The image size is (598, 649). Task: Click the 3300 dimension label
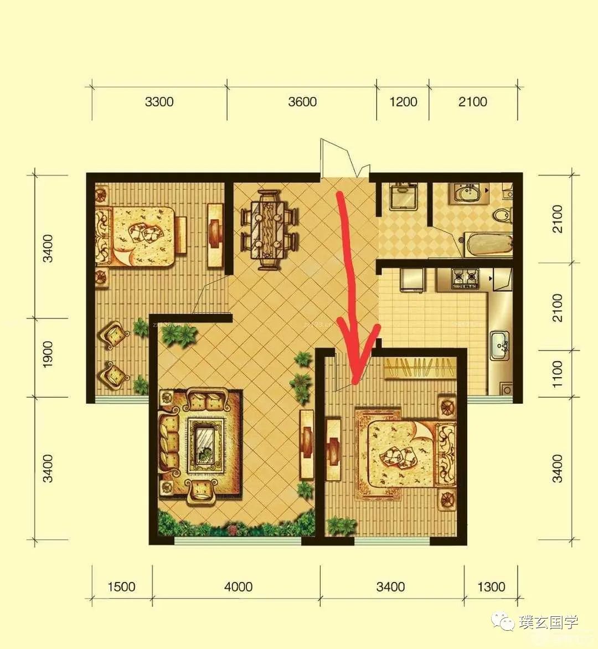159,102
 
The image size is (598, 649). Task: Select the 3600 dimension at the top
302,102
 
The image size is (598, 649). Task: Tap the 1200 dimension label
403,102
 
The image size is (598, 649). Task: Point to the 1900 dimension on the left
48,354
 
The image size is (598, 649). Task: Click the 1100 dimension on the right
558,374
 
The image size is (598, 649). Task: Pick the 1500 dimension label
122,586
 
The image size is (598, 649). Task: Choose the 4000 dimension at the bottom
239,586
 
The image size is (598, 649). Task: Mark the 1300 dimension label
491,586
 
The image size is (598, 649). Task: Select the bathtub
488,245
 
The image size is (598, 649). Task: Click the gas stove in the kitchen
465,279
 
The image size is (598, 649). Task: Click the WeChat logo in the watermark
503,621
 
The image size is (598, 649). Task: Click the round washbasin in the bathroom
468,193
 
